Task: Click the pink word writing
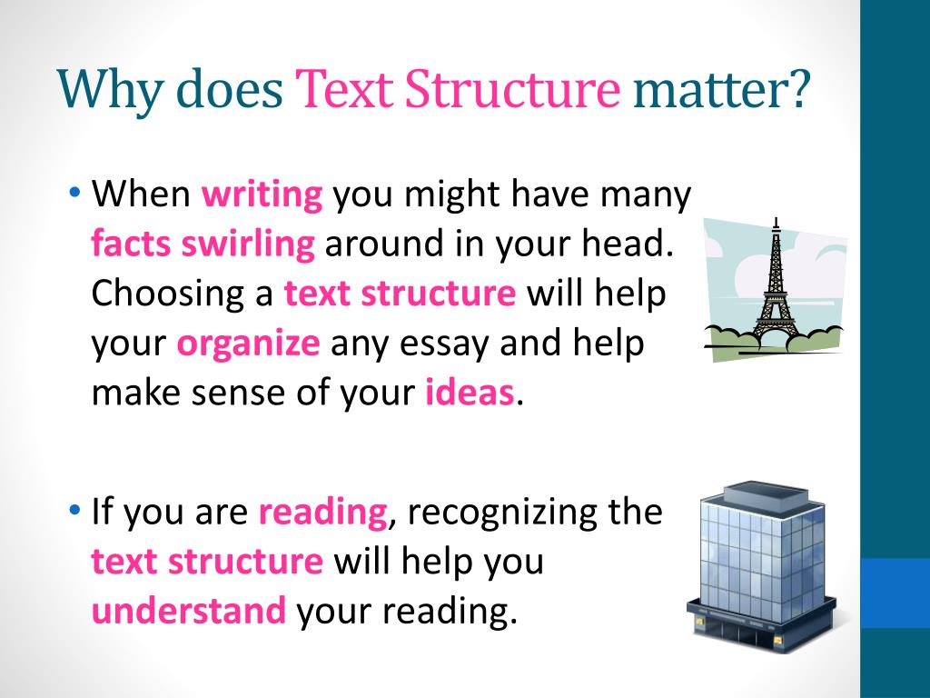click(x=262, y=195)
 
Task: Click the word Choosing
click(x=183, y=294)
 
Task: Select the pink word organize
click(x=248, y=344)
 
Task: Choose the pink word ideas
click(x=470, y=393)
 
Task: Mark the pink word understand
click(x=189, y=611)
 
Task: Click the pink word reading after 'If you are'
click(x=322, y=513)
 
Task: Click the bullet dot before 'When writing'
click(x=74, y=194)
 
